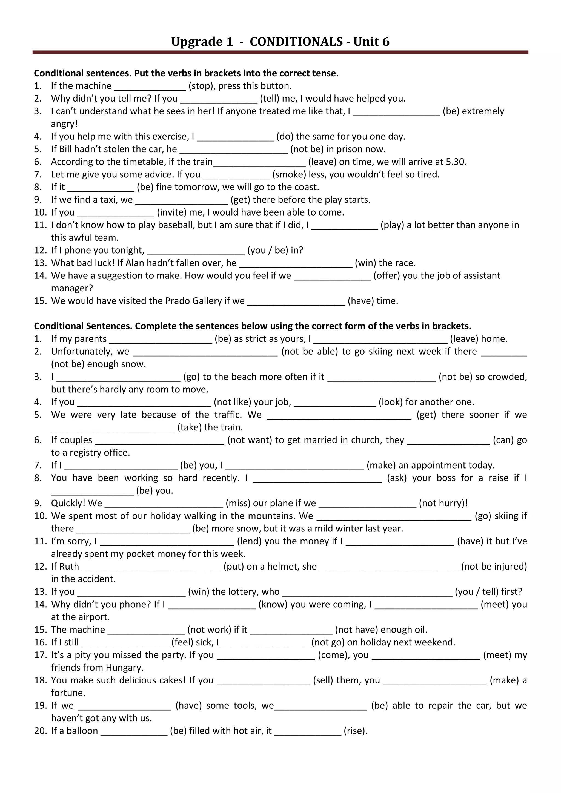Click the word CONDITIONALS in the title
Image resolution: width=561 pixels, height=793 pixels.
click(296, 42)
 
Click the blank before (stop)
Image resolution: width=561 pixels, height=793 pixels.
click(150, 86)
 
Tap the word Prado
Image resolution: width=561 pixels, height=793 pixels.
click(178, 301)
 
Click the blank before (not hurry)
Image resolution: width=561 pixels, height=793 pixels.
click(368, 504)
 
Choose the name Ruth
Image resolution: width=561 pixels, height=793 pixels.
click(69, 567)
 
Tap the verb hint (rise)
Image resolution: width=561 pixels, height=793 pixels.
click(356, 731)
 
